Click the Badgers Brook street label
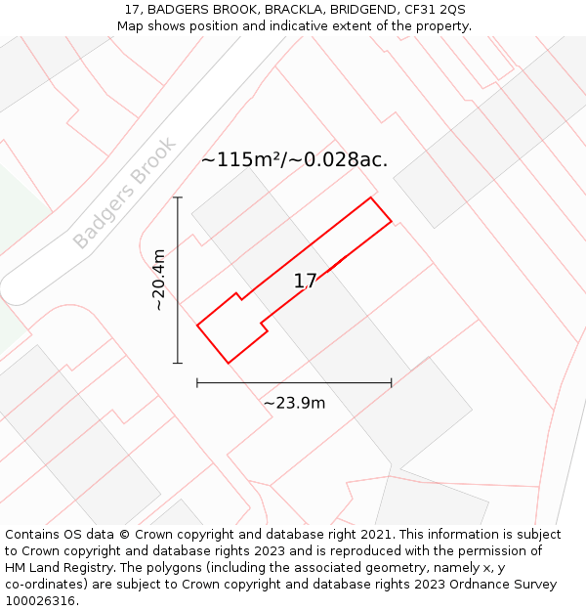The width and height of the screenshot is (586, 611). coord(125,193)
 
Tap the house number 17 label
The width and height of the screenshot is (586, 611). coord(306,282)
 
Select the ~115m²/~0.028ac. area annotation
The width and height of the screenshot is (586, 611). coord(294,159)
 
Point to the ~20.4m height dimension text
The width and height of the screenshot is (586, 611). coord(159,280)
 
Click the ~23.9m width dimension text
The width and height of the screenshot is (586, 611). coord(294,403)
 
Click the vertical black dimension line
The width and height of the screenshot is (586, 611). coord(178,280)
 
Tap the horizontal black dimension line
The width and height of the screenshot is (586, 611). coord(294,383)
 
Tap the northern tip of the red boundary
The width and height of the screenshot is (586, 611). coord(370,197)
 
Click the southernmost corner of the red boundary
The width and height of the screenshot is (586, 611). coord(229,364)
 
